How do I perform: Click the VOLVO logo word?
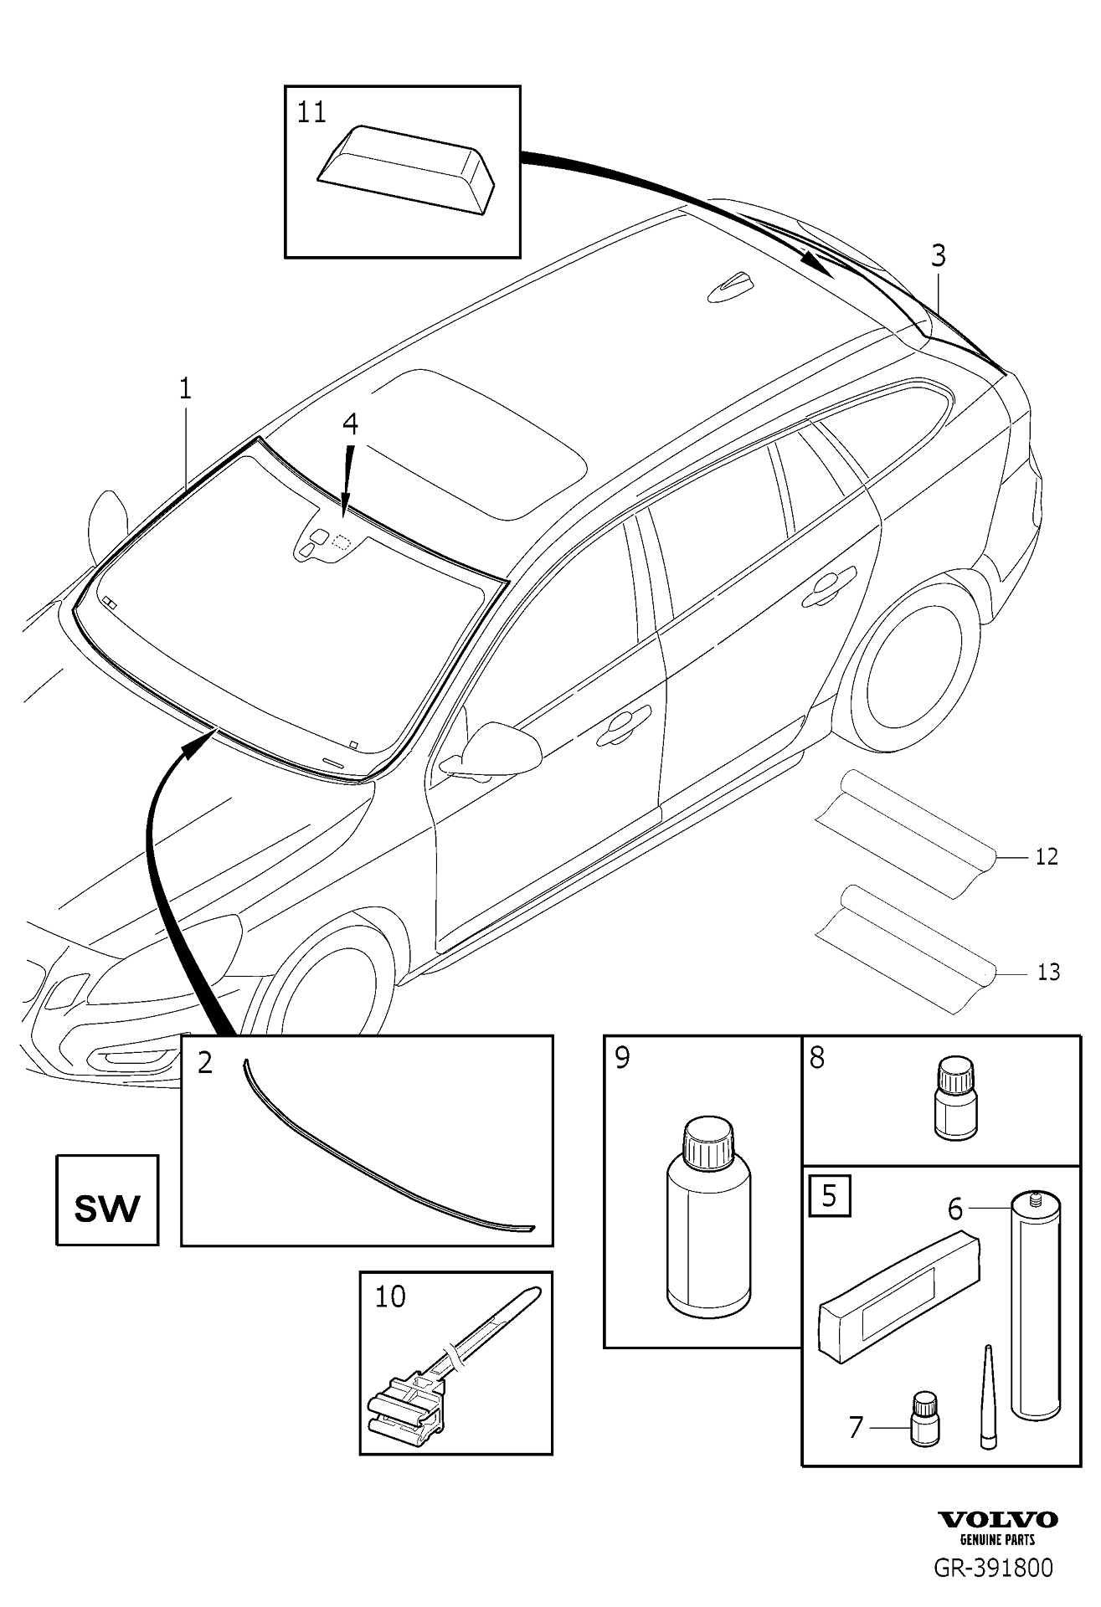click(x=997, y=1520)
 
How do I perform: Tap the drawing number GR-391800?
click(x=994, y=1567)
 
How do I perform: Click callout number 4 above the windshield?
click(x=350, y=424)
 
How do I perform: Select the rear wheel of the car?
click(x=908, y=674)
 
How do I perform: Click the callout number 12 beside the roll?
click(x=1047, y=856)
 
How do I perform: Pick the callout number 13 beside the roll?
click(x=1048, y=972)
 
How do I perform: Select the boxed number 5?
click(x=829, y=1196)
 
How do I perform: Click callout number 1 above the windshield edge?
click(x=185, y=388)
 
